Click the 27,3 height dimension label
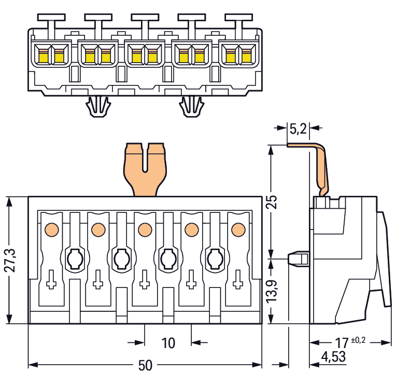(11, 260)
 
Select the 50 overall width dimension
(145, 365)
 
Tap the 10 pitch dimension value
(168, 343)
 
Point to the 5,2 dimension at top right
(298, 129)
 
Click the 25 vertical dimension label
(273, 202)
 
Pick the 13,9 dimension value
(272, 291)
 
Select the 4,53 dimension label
(333, 357)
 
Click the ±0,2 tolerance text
(358, 340)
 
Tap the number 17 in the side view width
(342, 343)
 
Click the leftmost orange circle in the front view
(51, 229)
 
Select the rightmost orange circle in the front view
(238, 229)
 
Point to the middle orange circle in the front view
(145, 229)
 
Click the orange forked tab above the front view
(145, 169)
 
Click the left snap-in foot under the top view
(98, 106)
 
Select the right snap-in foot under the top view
(192, 106)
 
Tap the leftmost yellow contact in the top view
(43, 56)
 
